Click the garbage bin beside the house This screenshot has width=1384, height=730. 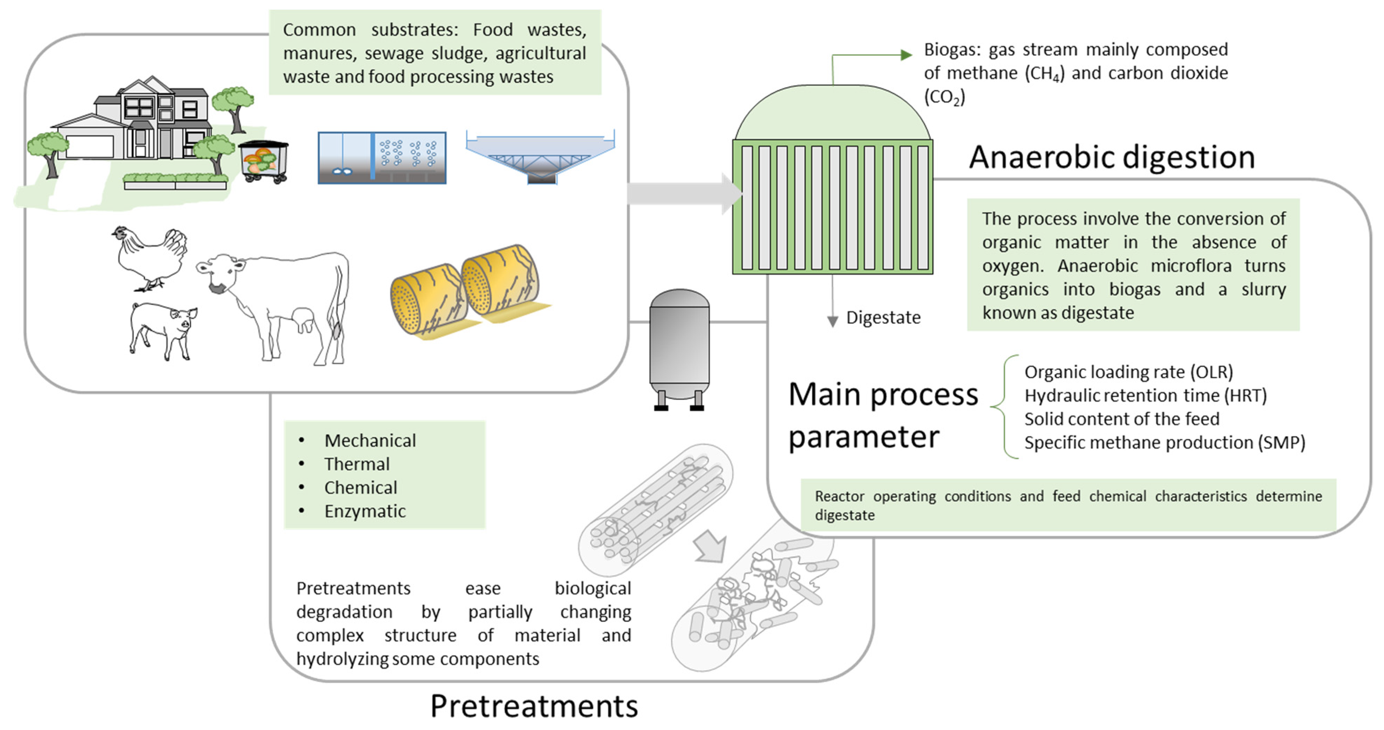click(x=263, y=161)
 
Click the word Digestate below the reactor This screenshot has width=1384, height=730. click(x=883, y=318)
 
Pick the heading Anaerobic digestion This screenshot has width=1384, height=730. click(x=1111, y=157)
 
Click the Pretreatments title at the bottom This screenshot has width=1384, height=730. click(x=534, y=706)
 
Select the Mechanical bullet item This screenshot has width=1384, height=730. click(x=370, y=440)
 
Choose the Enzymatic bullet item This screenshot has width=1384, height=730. click(x=365, y=511)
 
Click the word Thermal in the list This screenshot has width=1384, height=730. click(x=357, y=464)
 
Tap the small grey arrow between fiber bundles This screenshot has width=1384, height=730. click(x=710, y=546)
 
